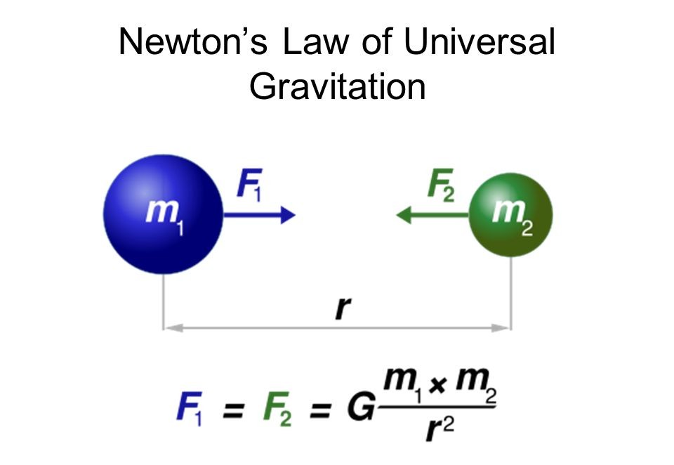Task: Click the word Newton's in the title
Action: coord(193,41)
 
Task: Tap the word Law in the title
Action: coord(316,41)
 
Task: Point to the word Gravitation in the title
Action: coord(338,86)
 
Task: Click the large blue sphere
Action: coord(164,214)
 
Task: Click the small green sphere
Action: coord(510,215)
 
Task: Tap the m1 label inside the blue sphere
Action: coord(165,216)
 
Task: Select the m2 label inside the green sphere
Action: coord(513,217)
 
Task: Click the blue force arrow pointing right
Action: coord(260,215)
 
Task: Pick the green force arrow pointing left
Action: coord(432,215)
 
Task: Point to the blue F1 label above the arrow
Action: coord(249,185)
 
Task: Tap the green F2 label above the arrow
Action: coord(441,185)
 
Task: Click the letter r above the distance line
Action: coord(343,308)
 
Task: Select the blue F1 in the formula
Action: coord(190,407)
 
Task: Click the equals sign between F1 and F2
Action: coord(233,410)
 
